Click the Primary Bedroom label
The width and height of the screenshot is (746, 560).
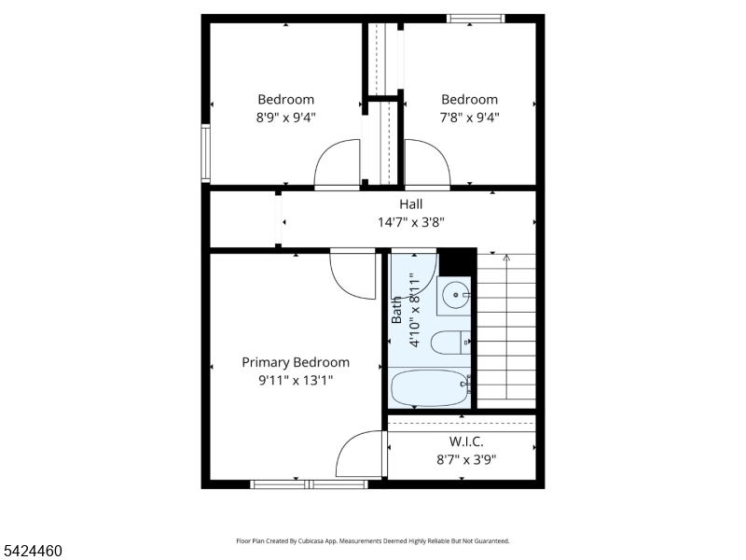[x=296, y=363]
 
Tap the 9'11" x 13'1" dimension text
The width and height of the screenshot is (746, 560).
[x=296, y=381]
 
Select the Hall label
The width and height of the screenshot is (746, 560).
[x=410, y=204]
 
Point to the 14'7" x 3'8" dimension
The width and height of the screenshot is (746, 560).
[x=411, y=222]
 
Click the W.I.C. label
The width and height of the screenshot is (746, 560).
[x=466, y=441]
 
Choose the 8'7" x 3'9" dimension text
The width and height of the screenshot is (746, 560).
[x=466, y=460]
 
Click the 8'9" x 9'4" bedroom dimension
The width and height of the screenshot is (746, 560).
[x=286, y=118]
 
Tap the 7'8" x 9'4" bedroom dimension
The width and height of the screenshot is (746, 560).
[x=470, y=118]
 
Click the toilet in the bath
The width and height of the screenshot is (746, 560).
[x=450, y=343]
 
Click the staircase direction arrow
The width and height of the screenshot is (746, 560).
[x=506, y=328]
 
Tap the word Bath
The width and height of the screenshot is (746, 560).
[x=396, y=310]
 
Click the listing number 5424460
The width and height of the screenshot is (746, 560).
[x=32, y=551]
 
